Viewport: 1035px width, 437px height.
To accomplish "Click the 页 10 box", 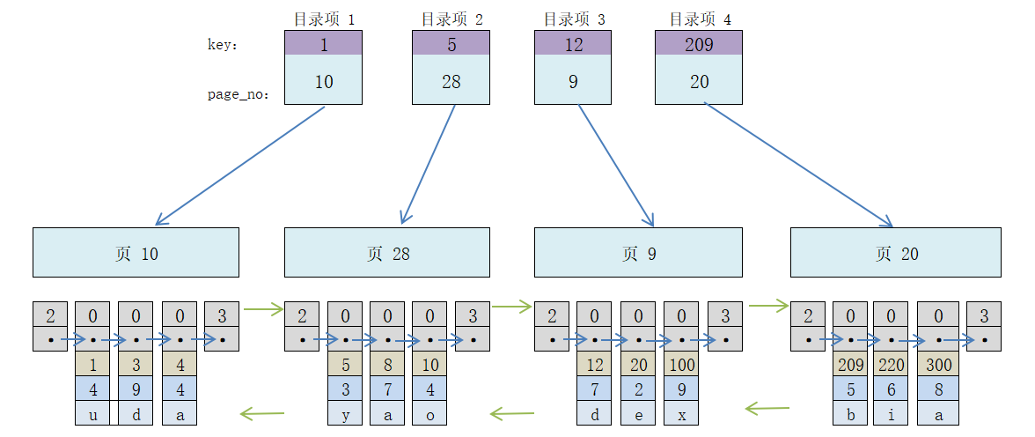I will coord(136,253).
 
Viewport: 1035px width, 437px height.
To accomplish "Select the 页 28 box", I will coord(387,253).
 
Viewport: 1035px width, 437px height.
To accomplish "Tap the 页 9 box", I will coord(638,253).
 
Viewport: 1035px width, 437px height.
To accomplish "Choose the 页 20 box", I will coord(895,253).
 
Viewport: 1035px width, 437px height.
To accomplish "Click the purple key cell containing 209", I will coord(699,44).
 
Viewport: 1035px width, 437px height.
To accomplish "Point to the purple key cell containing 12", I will coord(573,44).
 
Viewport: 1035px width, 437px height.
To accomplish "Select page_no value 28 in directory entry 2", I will coord(451,81).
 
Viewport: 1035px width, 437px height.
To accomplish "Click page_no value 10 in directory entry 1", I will coord(323,81).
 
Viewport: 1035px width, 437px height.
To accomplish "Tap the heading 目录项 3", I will coord(574,19).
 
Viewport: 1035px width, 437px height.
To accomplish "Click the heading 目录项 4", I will coord(700,19).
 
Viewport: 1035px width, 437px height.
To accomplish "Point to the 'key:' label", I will coord(224,45).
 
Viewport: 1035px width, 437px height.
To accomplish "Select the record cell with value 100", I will coord(681,365).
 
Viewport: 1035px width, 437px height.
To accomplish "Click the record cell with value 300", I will coord(938,365).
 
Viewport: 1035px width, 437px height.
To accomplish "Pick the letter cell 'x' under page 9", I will coord(681,414).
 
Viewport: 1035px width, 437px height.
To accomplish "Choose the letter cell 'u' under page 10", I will coord(93,414).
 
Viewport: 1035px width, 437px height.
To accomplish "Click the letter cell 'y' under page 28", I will coord(345,414).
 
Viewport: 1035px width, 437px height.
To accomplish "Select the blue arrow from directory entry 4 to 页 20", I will coord(799,165).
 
